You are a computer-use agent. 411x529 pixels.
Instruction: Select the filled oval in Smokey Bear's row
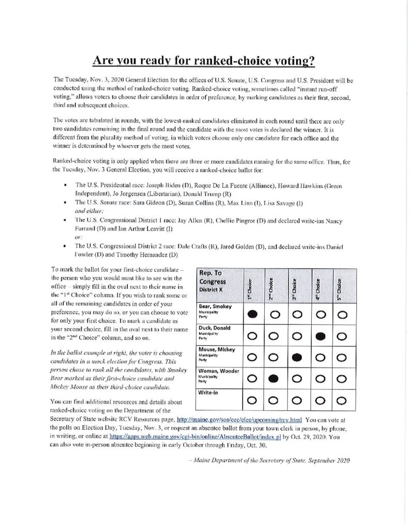[253, 314]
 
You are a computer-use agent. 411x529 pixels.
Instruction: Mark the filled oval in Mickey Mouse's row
[298, 357]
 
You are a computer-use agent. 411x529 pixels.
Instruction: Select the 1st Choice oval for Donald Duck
[253, 336]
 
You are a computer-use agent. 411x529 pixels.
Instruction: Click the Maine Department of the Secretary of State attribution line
[270, 461]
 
